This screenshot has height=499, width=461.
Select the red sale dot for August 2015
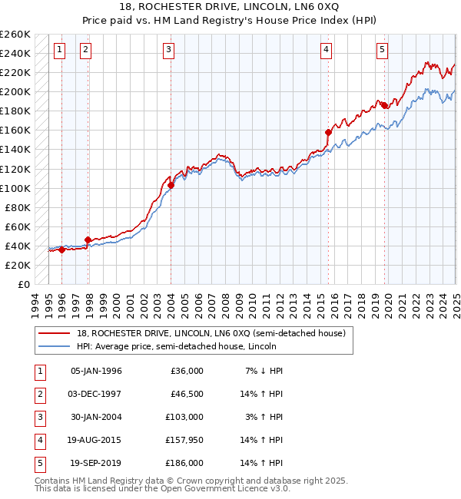click(328, 132)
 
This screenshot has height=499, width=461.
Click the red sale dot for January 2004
click(171, 185)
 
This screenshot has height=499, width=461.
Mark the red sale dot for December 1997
click(88, 240)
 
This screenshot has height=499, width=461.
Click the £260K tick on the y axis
click(15, 35)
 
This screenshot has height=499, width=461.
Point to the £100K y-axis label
click(15, 188)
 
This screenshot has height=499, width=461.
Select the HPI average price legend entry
click(181, 346)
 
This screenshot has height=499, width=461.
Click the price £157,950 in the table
click(185, 441)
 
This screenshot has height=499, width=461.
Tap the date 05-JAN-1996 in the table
click(96, 371)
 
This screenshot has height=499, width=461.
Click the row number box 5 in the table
click(39, 464)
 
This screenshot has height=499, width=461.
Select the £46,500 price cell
click(187, 394)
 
